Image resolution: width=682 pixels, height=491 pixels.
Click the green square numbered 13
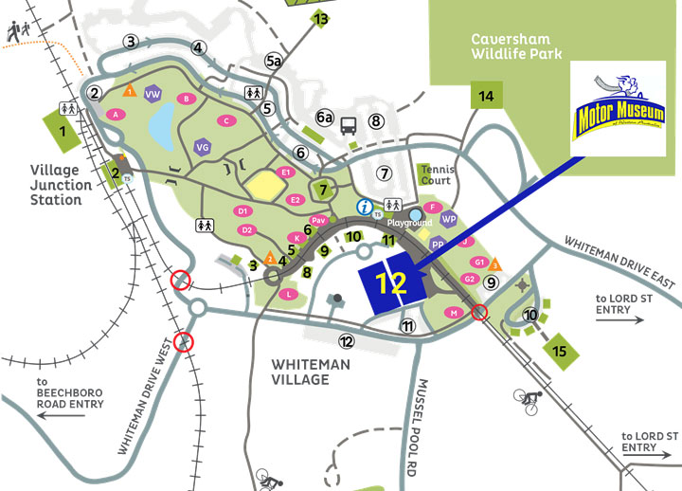321,19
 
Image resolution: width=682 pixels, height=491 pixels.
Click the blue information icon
364,206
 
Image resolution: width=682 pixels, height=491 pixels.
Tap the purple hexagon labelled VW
153,94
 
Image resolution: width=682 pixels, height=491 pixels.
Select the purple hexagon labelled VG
202,147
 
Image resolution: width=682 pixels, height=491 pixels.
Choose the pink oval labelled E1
286,172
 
